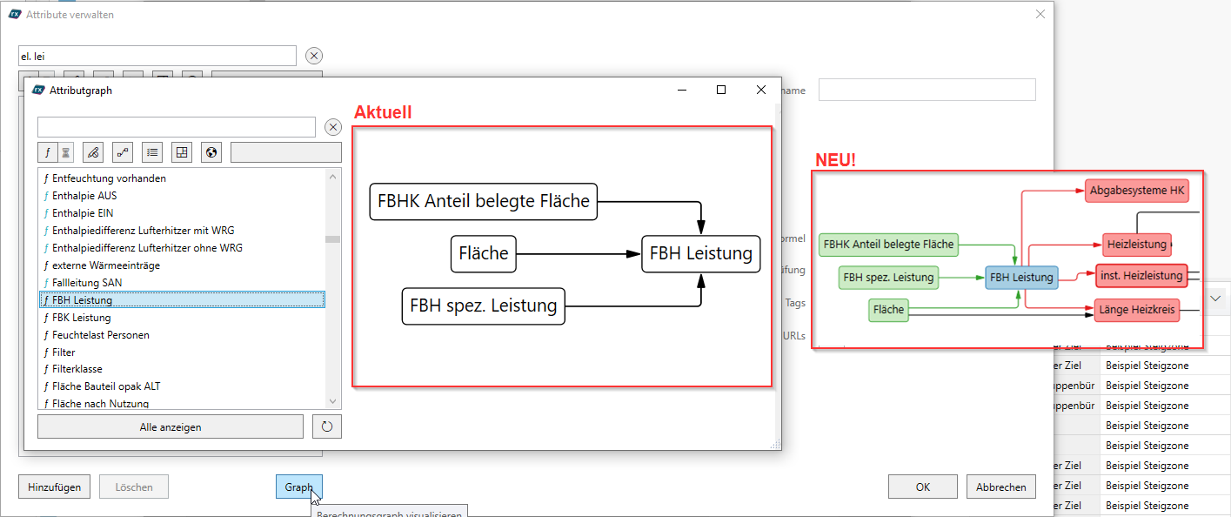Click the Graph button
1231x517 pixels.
tap(298, 487)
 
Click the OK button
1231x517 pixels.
tap(922, 487)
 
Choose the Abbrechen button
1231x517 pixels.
tap(1000, 487)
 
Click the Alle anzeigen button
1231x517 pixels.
tap(171, 427)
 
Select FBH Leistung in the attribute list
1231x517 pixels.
tap(82, 300)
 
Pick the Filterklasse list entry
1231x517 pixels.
tap(77, 369)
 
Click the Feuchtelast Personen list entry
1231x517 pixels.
tap(100, 335)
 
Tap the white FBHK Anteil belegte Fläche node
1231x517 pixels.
tap(484, 202)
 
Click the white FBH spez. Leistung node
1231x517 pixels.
tap(483, 306)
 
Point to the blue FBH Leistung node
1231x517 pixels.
tap(1021, 278)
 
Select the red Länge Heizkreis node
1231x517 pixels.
tap(1136, 309)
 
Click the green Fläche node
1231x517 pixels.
tap(888, 309)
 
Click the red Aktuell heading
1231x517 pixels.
tap(383, 112)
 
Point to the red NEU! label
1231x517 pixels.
tap(835, 160)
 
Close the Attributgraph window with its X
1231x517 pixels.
tap(761, 90)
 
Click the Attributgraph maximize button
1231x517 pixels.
tap(721, 90)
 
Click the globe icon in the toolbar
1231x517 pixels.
tap(211, 152)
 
